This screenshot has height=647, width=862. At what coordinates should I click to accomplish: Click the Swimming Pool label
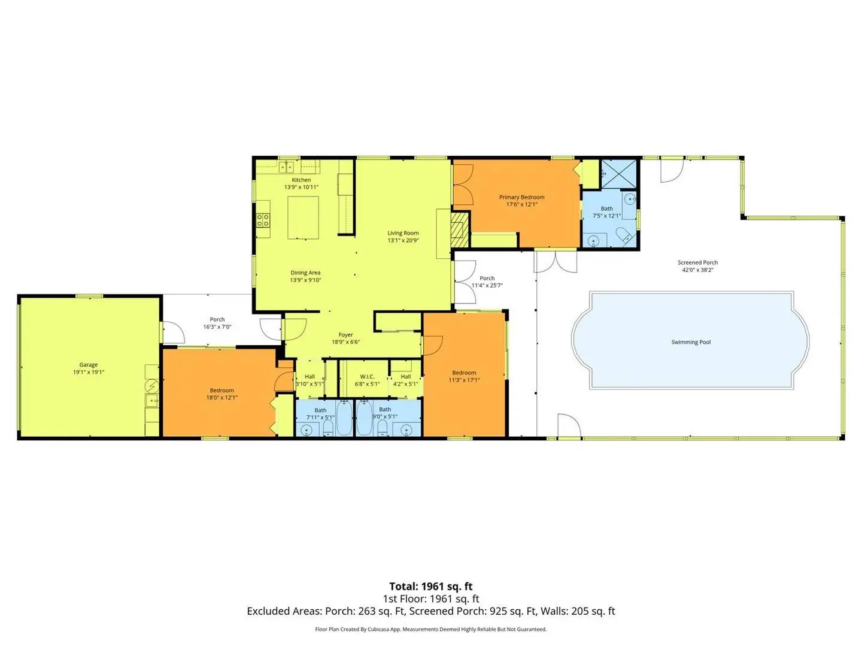pyautogui.click(x=691, y=342)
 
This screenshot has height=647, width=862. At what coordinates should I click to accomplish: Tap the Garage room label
pyautogui.click(x=89, y=365)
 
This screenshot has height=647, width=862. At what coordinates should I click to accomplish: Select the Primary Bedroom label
pyautogui.click(x=521, y=197)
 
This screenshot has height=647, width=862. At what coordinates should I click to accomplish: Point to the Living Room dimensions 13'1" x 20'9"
pyautogui.click(x=403, y=240)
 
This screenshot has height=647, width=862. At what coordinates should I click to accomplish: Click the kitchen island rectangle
pyautogui.click(x=303, y=217)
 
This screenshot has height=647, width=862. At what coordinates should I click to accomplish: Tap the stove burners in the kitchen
pyautogui.click(x=263, y=220)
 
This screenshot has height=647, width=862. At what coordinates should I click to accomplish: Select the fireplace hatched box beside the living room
pyautogui.click(x=460, y=229)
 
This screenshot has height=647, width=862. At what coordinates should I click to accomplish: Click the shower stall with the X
pyautogui.click(x=619, y=174)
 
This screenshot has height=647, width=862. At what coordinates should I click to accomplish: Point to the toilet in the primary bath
pyautogui.click(x=623, y=234)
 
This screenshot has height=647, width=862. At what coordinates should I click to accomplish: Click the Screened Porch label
pyautogui.click(x=697, y=262)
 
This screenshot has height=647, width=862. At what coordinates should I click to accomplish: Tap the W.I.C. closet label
pyautogui.click(x=367, y=377)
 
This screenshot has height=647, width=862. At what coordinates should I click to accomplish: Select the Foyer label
pyautogui.click(x=345, y=335)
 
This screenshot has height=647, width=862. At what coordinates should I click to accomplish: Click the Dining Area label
pyautogui.click(x=305, y=273)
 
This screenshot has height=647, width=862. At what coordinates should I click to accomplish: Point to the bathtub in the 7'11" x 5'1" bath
pyautogui.click(x=344, y=418)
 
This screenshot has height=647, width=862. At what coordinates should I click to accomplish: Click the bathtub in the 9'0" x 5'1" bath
pyautogui.click(x=365, y=418)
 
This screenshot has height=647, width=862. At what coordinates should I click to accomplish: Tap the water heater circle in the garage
pyautogui.click(x=151, y=386)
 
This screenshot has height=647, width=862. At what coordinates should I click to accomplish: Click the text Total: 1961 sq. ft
pyautogui.click(x=431, y=586)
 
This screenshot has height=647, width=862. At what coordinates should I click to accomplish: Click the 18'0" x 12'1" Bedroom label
pyautogui.click(x=222, y=391)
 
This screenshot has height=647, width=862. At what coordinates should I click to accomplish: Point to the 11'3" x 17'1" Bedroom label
pyautogui.click(x=464, y=373)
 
